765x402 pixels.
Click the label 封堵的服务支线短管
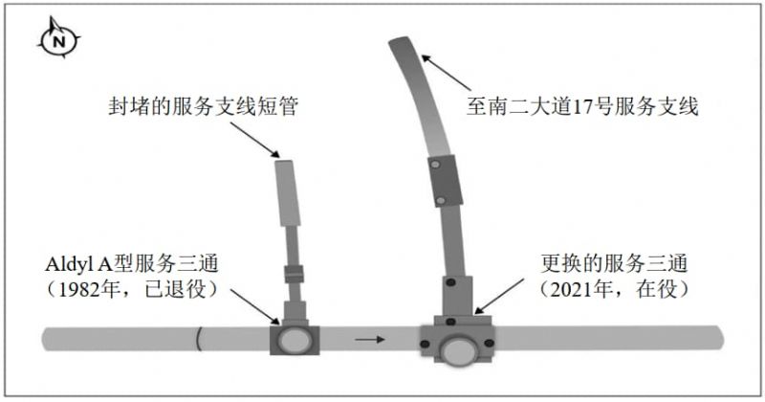[203, 105]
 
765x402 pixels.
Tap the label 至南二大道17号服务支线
[582, 106]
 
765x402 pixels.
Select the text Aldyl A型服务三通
[132, 264]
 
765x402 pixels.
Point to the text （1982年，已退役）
[132, 290]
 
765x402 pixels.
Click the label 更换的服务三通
[614, 264]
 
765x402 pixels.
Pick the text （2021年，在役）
[614, 290]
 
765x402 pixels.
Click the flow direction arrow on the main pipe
[370, 340]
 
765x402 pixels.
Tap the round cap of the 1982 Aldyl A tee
[295, 340]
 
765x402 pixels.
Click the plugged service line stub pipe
[288, 193]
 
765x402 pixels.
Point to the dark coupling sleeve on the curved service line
[445, 181]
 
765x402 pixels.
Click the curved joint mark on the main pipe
[199, 339]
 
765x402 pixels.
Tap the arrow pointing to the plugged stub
[254, 140]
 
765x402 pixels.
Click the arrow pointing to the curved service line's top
[447, 73]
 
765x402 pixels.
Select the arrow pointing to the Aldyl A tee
[254, 306]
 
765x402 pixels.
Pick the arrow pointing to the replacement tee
[499, 297]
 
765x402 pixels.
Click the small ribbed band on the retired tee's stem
[294, 274]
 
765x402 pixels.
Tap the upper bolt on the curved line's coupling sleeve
[434, 164]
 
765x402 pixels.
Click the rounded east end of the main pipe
[719, 338]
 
